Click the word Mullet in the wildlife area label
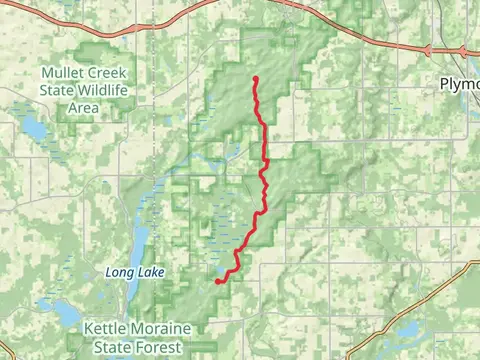point(59,72)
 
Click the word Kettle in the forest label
point(107,329)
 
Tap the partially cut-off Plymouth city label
point(459,85)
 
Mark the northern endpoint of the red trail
point(256,78)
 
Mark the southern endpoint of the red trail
point(218,282)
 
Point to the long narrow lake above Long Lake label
point(140,240)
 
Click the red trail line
point(265,150)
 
